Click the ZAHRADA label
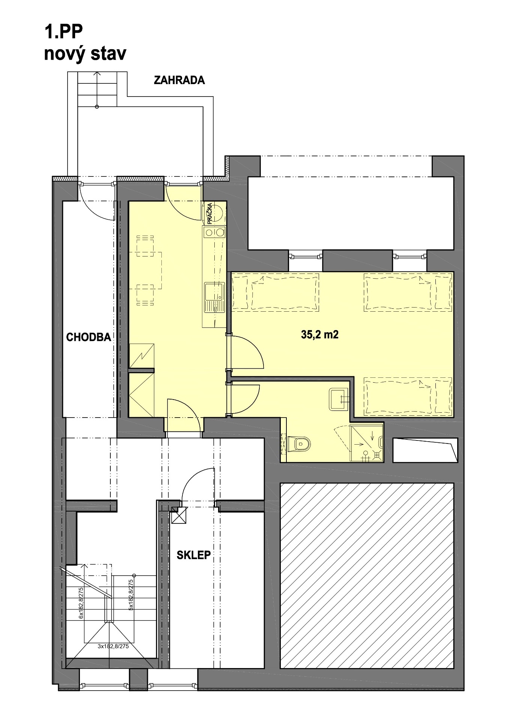[x=179, y=80]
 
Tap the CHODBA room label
[x=89, y=337]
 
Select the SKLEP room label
[x=194, y=555]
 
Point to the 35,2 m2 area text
[x=320, y=334]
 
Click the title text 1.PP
[x=63, y=32]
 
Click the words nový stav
[x=85, y=54]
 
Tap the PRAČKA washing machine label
[x=209, y=214]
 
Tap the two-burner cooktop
[x=215, y=232]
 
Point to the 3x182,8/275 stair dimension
[x=113, y=646]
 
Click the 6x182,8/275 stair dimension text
[x=81, y=603]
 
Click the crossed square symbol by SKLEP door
[x=179, y=515]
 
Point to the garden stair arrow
[x=97, y=89]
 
